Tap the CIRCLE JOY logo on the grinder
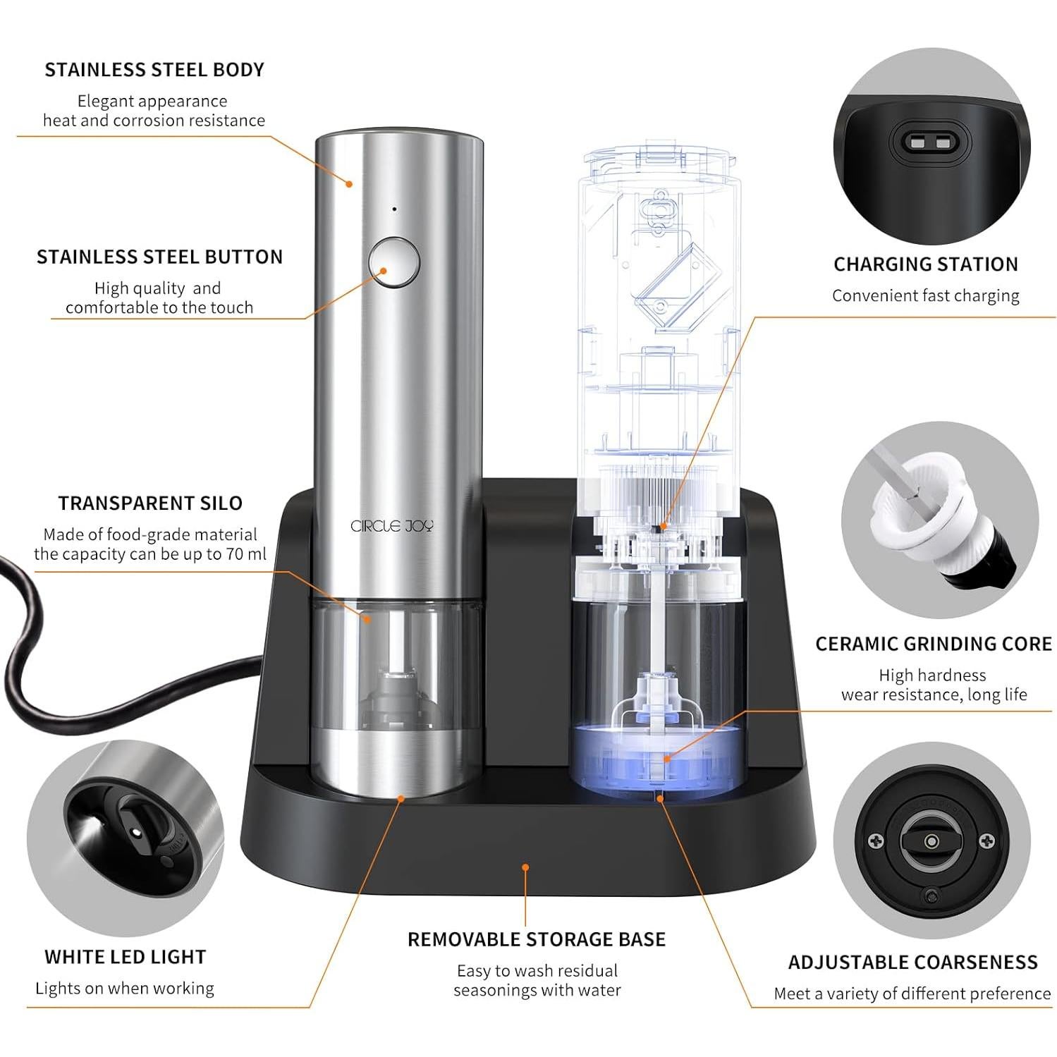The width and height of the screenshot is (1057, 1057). pyautogui.click(x=392, y=526)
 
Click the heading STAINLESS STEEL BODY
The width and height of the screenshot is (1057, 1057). pyautogui.click(x=154, y=70)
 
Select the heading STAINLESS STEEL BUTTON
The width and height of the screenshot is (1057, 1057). pyautogui.click(x=159, y=257)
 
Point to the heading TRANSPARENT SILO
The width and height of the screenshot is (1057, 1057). pyautogui.click(x=150, y=503)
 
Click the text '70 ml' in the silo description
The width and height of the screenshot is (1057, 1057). pyautogui.click(x=246, y=554)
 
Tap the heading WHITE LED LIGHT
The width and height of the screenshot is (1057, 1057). pyautogui.click(x=126, y=957)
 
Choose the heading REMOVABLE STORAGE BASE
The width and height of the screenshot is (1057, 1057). pyautogui.click(x=537, y=939)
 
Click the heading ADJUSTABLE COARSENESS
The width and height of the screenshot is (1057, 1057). pyautogui.click(x=912, y=963)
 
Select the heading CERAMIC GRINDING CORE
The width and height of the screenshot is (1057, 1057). pyautogui.click(x=933, y=644)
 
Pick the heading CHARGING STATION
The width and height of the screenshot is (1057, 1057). pyautogui.click(x=926, y=264)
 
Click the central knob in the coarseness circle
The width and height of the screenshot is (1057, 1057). pyautogui.click(x=931, y=841)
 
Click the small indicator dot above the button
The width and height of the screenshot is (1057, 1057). pyautogui.click(x=394, y=209)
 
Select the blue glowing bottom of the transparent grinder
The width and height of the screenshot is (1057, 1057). pyautogui.click(x=655, y=762)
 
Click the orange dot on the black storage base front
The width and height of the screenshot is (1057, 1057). pyautogui.click(x=525, y=867)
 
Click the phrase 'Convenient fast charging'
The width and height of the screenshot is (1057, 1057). pyautogui.click(x=925, y=295)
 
